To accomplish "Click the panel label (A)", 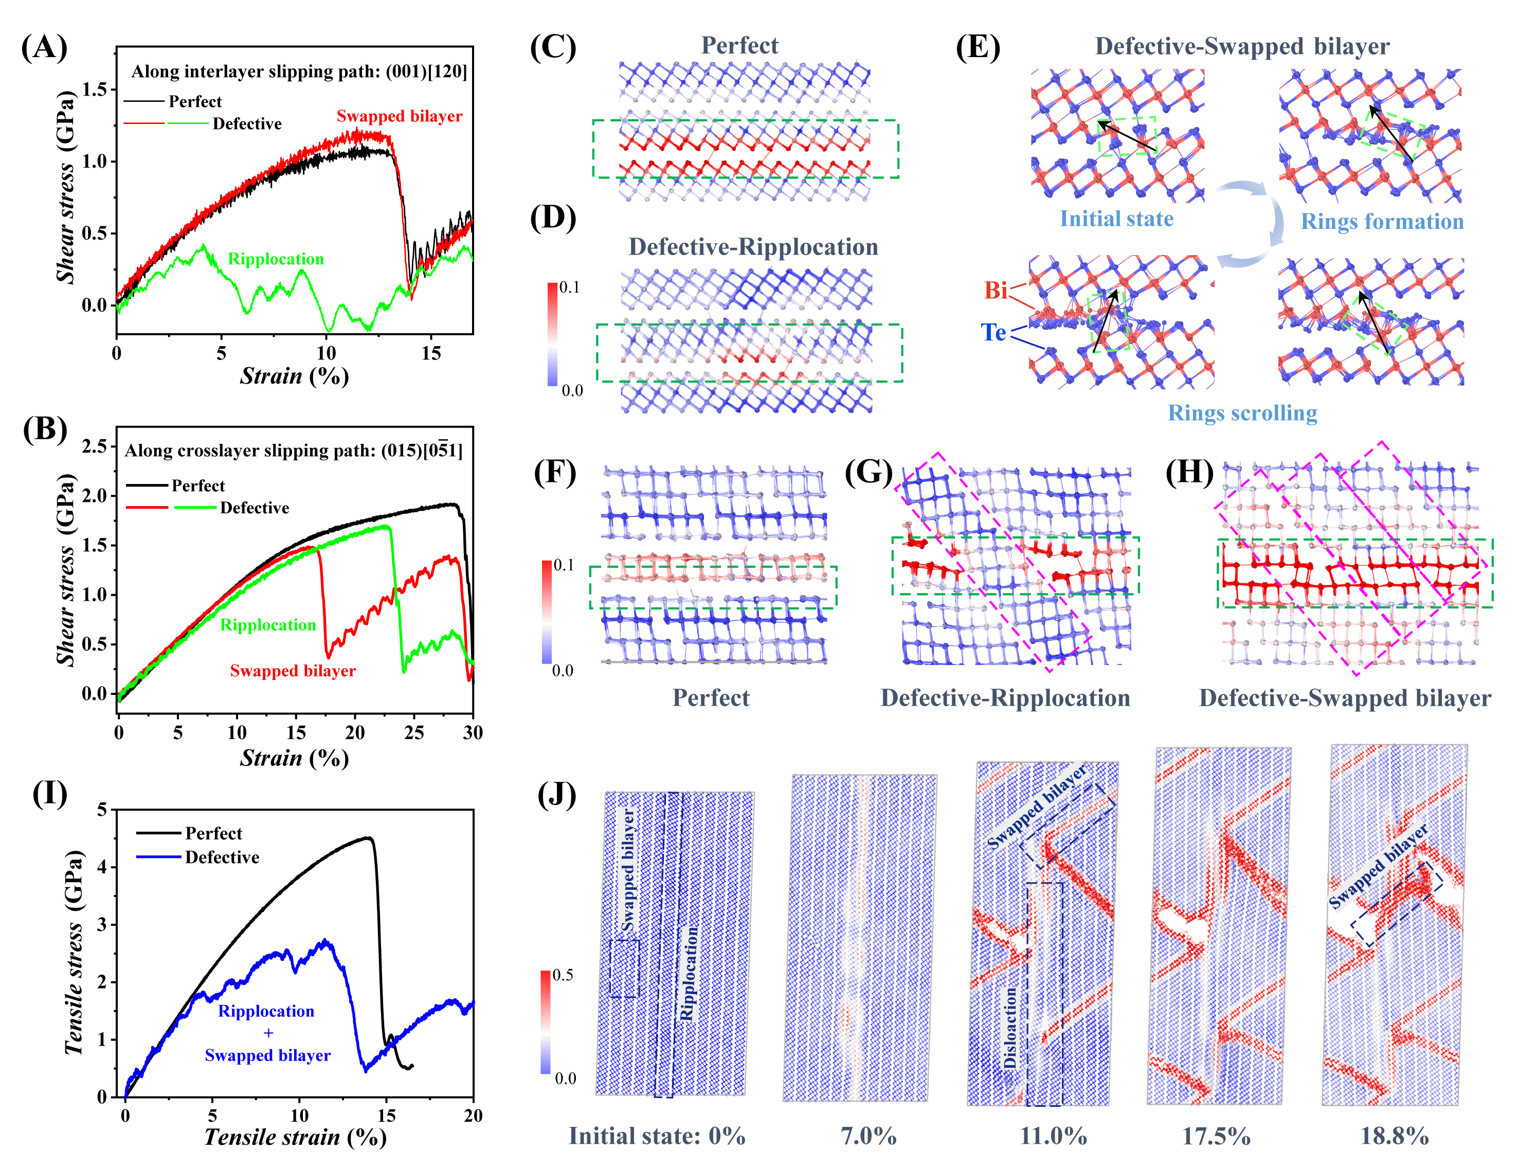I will pos(44,47).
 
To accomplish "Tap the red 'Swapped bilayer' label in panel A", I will pos(399,116).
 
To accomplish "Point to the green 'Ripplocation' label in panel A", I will pos(276,259).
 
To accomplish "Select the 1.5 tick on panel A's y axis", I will pos(95,89).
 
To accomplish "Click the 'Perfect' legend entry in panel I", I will pos(213,833).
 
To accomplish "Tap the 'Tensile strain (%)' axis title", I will pos(295,1137).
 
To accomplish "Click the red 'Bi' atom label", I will pos(995,290).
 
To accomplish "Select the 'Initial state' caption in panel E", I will pos(1116,219).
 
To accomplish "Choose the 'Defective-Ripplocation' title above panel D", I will pos(753,247).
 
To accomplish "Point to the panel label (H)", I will pos(1189,472).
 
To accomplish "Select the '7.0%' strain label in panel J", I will pos(868,1136).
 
